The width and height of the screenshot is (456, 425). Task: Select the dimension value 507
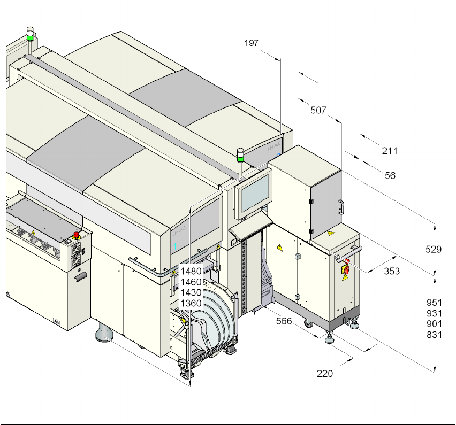(x=318, y=111)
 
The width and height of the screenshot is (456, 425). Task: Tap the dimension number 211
(x=390, y=151)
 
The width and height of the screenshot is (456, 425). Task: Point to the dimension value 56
(x=390, y=175)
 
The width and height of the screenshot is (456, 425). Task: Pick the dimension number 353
(x=392, y=271)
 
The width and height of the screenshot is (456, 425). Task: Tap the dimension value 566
(x=284, y=321)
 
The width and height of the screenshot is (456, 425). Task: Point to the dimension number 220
(x=324, y=373)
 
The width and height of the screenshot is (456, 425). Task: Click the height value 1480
(x=191, y=271)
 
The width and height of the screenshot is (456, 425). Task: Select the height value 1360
(x=191, y=303)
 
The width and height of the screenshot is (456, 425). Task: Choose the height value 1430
(x=191, y=292)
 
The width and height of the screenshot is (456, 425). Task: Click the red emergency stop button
(x=77, y=235)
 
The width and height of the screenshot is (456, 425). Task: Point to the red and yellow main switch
(x=345, y=269)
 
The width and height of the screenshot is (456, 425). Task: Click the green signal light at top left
(x=30, y=37)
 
